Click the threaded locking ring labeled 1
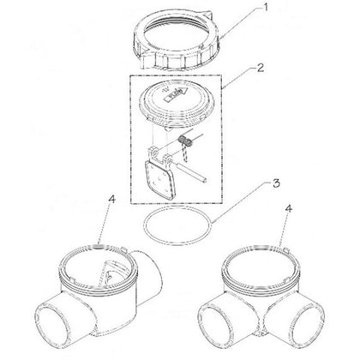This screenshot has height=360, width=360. [x=179, y=40]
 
